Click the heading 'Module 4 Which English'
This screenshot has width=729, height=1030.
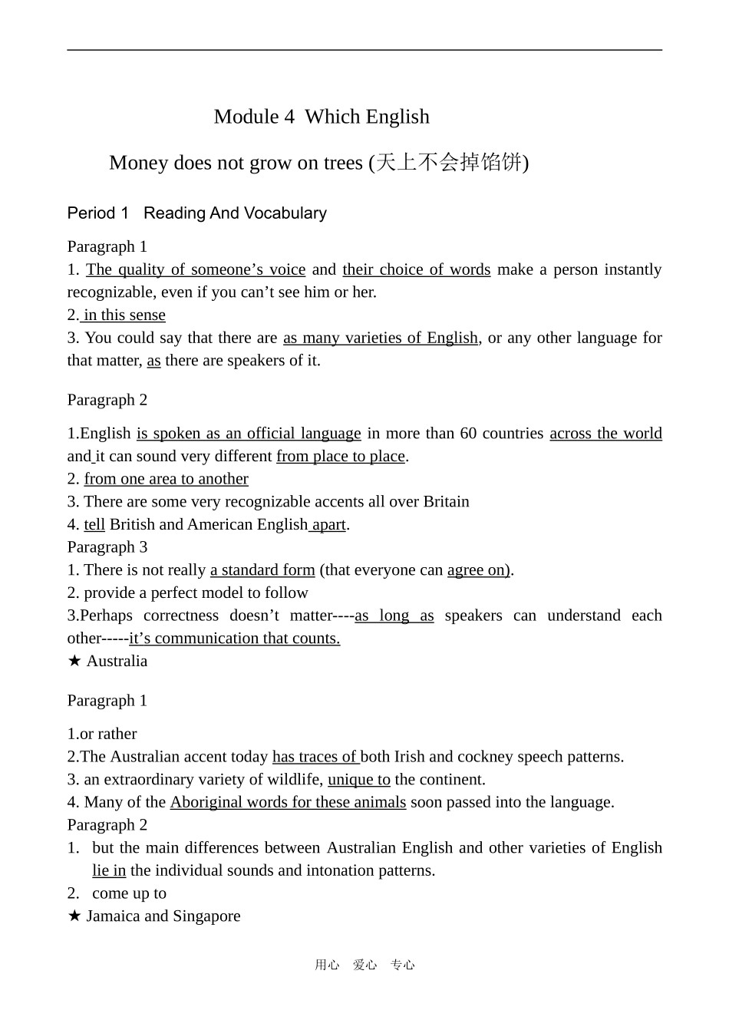coord(322,117)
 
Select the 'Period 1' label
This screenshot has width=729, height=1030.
coord(97,213)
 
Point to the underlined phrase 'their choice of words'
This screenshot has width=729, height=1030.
coord(416,269)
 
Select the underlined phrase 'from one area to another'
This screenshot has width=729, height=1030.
coord(166,479)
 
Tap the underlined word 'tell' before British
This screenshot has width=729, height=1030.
coord(94,525)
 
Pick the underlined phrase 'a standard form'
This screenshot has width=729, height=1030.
coord(262,570)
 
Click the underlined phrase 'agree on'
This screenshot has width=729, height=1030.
coord(477,570)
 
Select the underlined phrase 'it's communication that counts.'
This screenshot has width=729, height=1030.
coord(234,639)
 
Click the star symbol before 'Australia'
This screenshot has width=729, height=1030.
coord(74,661)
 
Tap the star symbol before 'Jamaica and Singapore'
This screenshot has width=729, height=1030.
coord(74,916)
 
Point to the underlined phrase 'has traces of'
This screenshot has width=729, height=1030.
coord(315,757)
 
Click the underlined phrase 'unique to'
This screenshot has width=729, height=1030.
coord(358,780)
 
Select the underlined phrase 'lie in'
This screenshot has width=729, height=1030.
coord(109,871)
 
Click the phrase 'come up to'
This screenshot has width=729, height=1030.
coord(129,893)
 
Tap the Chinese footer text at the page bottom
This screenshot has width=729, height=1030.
coord(364,966)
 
